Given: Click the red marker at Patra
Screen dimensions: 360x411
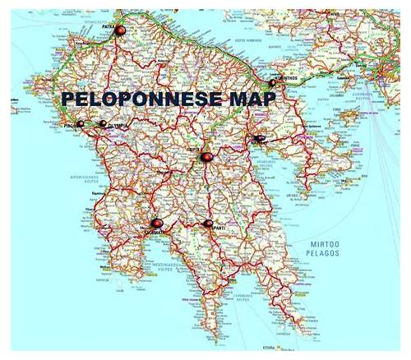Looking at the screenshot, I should [x=120, y=30].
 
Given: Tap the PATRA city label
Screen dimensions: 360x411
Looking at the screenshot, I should [x=107, y=25].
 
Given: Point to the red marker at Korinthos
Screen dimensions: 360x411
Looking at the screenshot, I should [x=272, y=82].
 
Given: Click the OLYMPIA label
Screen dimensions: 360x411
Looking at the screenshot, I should [x=118, y=127].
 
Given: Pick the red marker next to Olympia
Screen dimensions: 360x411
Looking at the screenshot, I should [x=103, y=124].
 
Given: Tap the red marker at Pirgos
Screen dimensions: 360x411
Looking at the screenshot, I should [x=81, y=124].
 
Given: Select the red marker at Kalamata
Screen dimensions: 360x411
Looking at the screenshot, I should [x=156, y=223].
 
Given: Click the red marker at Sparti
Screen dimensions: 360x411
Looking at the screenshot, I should [x=208, y=223].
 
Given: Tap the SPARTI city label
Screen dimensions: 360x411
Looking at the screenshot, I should [x=217, y=228].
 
